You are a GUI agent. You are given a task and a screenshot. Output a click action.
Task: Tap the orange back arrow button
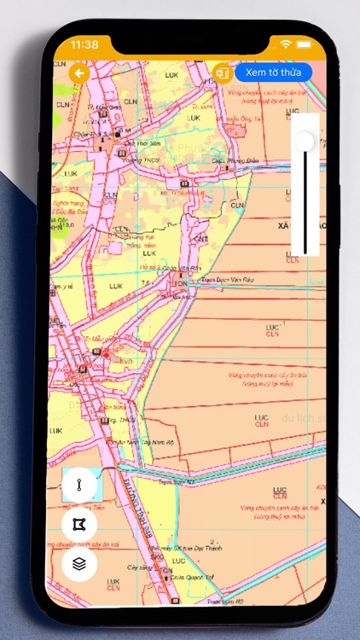tap(80, 73)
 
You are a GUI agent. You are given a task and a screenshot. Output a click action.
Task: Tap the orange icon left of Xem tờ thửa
tap(223, 73)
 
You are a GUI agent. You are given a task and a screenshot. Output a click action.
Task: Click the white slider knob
tap(304, 142)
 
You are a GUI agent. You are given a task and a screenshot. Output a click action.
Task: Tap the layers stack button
tap(79, 564)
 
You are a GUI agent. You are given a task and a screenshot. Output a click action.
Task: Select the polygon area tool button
tap(79, 524)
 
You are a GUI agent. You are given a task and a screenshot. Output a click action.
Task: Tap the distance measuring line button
tap(79, 485)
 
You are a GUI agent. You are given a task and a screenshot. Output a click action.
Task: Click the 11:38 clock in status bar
tap(84, 44)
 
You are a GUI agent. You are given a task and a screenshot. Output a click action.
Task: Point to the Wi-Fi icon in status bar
tap(285, 44)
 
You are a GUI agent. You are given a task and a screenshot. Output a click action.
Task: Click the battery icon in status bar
tap(305, 44)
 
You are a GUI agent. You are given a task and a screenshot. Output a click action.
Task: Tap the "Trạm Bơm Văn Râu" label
tap(222, 279)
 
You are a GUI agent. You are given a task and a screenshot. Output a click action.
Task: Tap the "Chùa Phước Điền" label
tap(235, 160)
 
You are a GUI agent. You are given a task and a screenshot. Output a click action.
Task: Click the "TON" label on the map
tap(180, 283)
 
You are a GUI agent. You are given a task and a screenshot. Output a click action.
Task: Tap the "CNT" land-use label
tap(200, 238)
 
